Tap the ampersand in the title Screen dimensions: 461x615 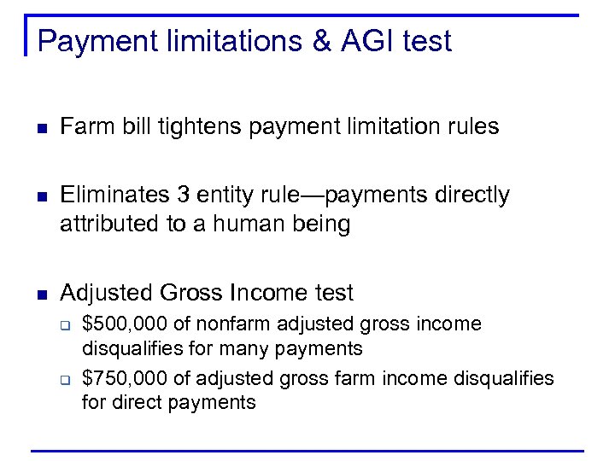321,41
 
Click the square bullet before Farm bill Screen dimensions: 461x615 40,128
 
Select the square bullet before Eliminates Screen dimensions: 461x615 40,196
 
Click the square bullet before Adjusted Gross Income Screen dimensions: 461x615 40,295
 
